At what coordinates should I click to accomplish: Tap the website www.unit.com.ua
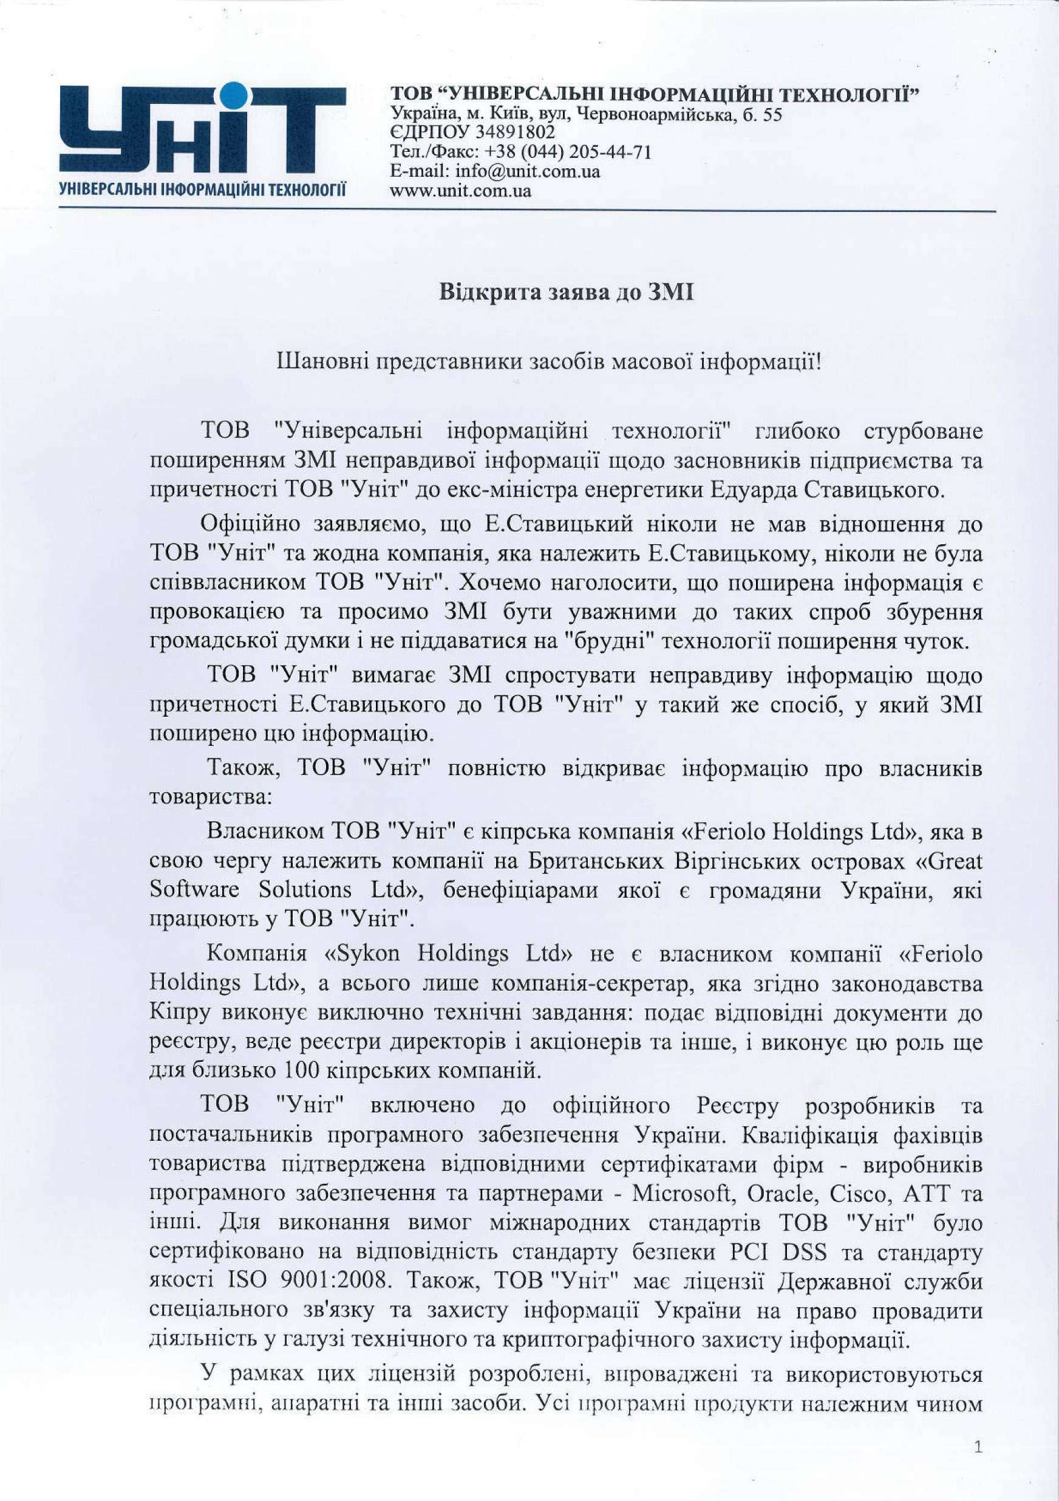click(x=460, y=191)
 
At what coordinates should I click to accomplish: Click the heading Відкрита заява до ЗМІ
click(x=566, y=292)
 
